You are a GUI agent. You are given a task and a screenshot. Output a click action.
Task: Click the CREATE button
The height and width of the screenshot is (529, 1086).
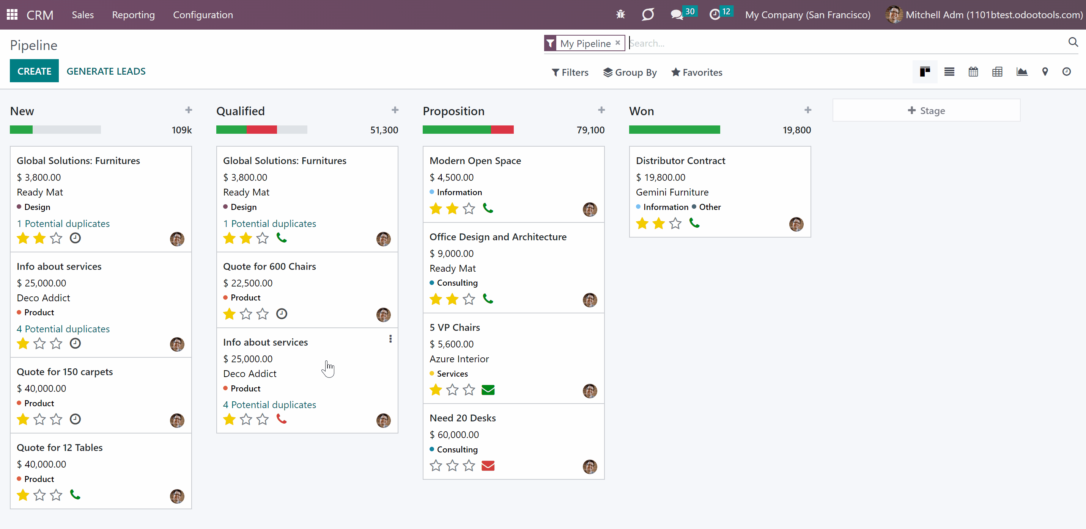(x=34, y=71)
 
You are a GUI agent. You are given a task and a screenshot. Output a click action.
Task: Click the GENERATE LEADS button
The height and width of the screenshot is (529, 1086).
(x=106, y=71)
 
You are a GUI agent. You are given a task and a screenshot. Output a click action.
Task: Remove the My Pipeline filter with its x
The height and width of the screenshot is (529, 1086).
(x=618, y=43)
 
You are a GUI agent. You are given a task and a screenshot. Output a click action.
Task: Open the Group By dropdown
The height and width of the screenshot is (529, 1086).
(x=630, y=72)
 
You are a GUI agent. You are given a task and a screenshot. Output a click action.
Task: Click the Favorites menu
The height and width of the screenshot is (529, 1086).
(x=697, y=72)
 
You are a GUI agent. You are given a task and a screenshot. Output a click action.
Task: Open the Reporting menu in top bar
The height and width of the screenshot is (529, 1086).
(x=133, y=15)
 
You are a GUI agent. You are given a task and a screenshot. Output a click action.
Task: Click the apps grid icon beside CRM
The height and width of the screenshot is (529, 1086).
(x=12, y=15)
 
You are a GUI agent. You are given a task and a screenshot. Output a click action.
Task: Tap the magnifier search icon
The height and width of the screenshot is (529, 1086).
(x=1073, y=42)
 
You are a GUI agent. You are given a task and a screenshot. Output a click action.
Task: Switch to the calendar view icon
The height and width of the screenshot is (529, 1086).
(x=973, y=72)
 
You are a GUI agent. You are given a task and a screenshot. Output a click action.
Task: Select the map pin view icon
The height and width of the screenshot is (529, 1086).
(x=1045, y=72)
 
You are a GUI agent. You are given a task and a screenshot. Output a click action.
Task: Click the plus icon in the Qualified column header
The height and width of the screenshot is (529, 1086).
(x=395, y=110)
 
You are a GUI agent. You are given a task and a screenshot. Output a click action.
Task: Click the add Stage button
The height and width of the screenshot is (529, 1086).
(x=926, y=110)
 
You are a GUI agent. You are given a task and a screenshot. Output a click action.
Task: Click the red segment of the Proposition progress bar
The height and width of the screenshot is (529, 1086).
(x=502, y=130)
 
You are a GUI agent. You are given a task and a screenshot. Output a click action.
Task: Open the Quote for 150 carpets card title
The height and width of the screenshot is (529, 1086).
(x=65, y=372)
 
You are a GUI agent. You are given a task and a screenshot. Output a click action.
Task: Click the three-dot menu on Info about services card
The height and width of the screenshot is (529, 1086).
(x=390, y=339)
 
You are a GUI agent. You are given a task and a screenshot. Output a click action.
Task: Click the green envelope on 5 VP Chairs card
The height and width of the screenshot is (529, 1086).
(x=488, y=390)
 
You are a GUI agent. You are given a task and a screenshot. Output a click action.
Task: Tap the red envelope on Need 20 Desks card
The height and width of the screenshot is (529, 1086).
(x=488, y=466)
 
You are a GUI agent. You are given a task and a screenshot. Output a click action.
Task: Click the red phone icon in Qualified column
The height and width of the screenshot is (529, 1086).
(x=282, y=419)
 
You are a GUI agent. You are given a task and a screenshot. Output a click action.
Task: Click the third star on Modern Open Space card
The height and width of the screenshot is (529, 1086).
(x=469, y=209)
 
